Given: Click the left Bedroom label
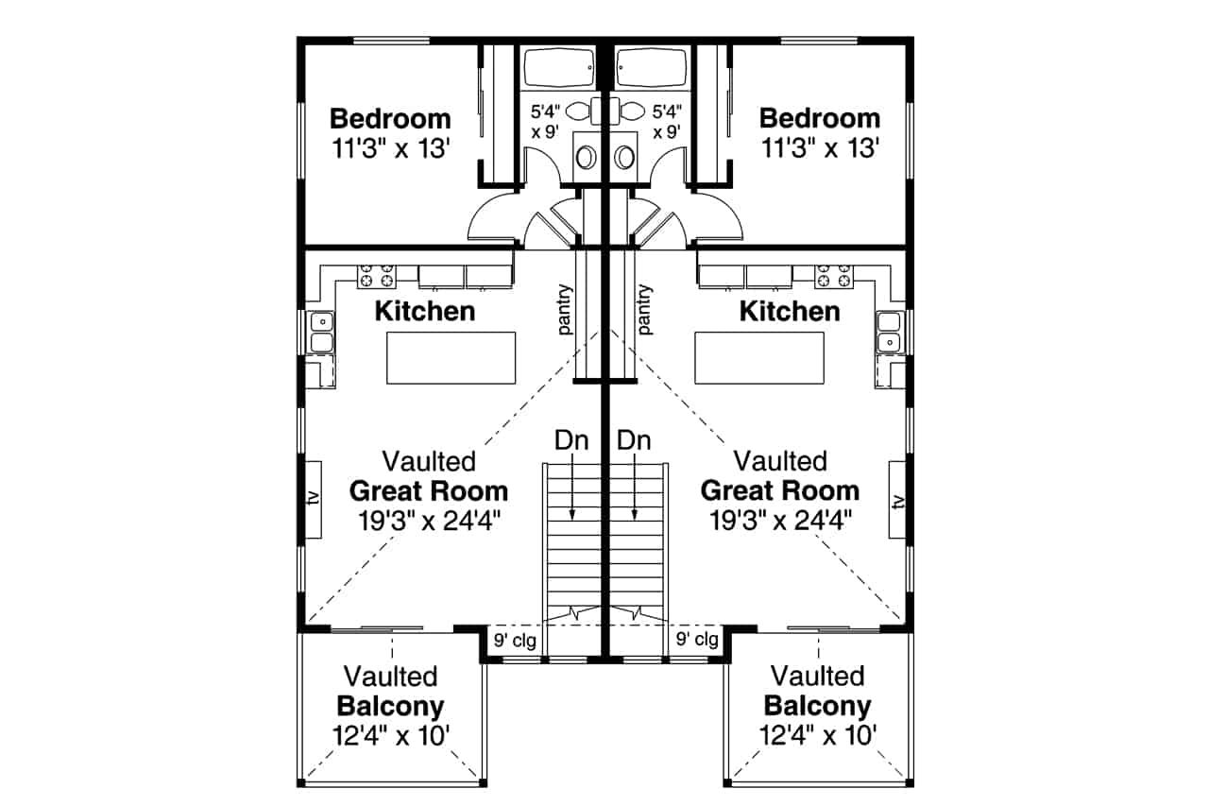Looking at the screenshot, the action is [x=390, y=119].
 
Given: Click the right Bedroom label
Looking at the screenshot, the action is [x=820, y=118].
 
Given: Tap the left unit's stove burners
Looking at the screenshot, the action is [x=376, y=276].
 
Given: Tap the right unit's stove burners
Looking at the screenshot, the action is [x=834, y=276].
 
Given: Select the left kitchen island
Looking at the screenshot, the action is [x=451, y=358].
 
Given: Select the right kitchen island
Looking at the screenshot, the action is [x=758, y=358].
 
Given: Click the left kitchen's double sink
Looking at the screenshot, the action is [x=322, y=333].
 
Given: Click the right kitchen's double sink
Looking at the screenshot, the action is [x=889, y=333].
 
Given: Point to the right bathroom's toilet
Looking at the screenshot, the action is [x=628, y=111].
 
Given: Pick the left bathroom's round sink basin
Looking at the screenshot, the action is [x=586, y=158].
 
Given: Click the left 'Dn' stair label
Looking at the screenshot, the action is [x=571, y=440].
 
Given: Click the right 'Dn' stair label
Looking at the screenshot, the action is [x=634, y=440].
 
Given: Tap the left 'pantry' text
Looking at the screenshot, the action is [x=565, y=309].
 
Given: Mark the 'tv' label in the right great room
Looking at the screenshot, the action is [x=897, y=502].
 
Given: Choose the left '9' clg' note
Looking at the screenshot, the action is [x=515, y=641].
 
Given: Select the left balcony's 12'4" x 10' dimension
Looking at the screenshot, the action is [x=391, y=735].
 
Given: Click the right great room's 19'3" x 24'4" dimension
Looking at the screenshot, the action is [x=780, y=521].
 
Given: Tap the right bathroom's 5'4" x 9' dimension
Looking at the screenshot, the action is [x=667, y=122].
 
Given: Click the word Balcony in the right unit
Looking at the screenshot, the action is [x=818, y=706].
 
